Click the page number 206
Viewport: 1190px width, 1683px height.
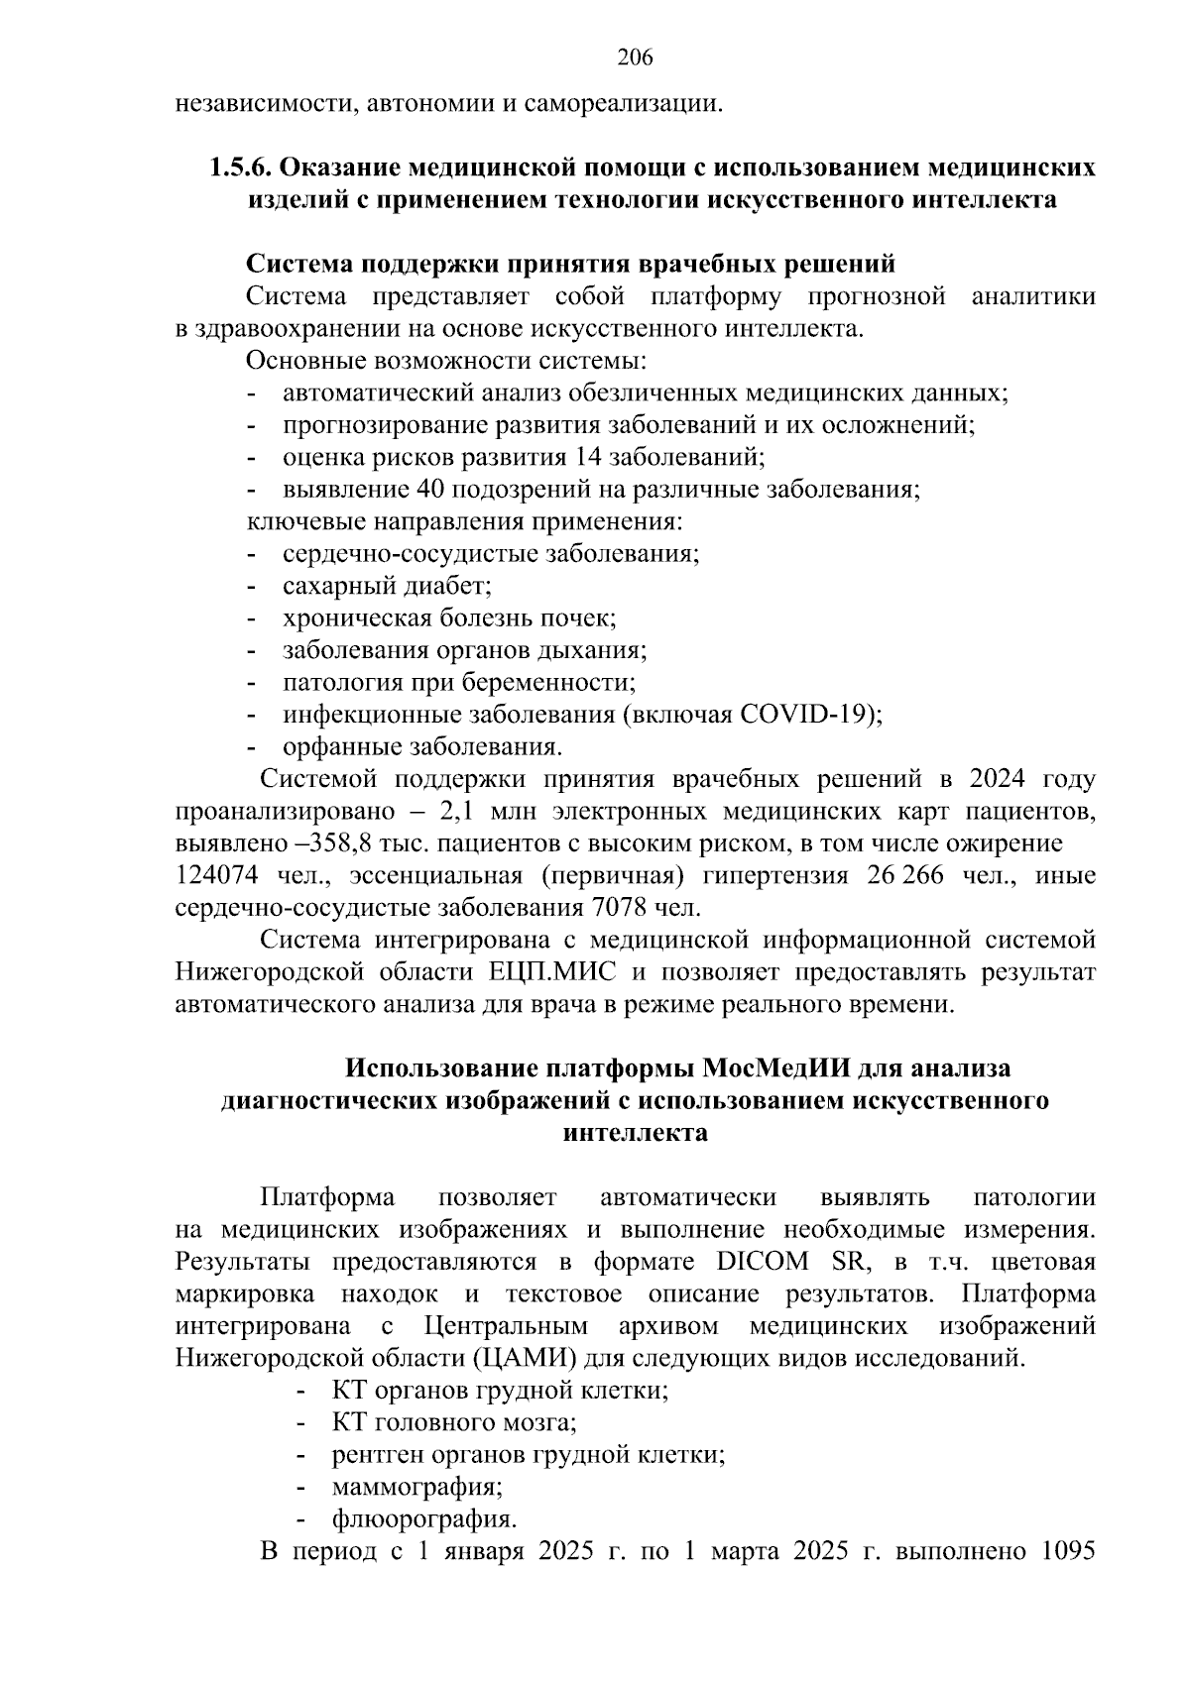[635, 57]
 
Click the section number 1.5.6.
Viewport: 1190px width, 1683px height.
[241, 168]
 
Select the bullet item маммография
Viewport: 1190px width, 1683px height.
[416, 1487]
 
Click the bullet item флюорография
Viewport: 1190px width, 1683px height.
[423, 1518]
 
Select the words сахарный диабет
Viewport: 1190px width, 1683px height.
[387, 586]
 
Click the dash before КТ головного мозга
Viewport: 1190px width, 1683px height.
[300, 1423]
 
